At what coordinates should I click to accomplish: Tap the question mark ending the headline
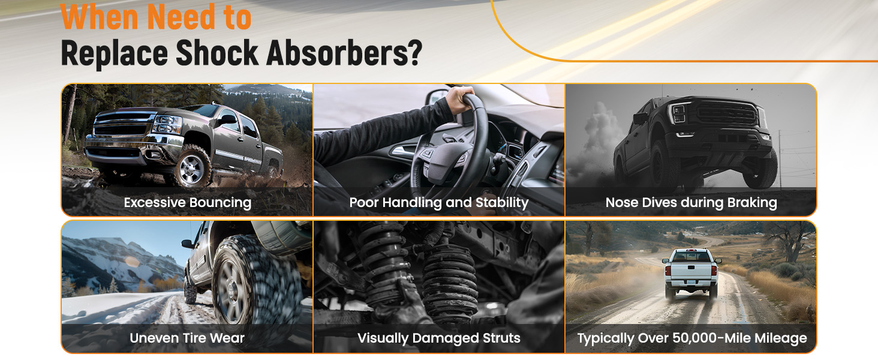414,53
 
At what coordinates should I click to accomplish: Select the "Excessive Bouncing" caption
187,202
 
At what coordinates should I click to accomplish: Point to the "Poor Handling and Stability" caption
438,202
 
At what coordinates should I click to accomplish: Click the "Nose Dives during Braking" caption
691,202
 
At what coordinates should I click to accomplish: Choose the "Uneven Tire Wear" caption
187,338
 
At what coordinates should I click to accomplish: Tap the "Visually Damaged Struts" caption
438,338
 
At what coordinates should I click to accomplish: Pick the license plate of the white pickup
691,282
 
